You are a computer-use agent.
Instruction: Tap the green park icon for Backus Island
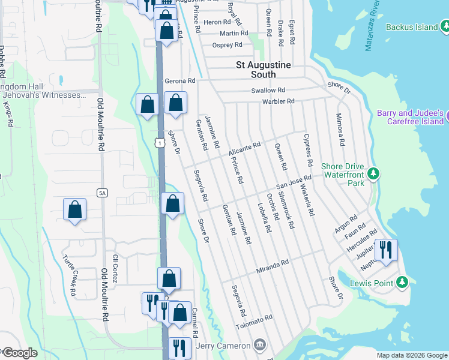(x=445, y=26)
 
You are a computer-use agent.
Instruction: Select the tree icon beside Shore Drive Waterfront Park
(x=373, y=173)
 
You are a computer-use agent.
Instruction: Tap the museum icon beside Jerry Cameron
(x=259, y=345)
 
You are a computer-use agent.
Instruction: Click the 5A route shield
(x=102, y=193)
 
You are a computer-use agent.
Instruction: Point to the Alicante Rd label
(x=244, y=149)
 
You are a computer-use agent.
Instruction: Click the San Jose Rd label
(x=294, y=182)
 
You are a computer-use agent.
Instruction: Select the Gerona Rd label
(x=180, y=80)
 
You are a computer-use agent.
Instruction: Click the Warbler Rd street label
(x=278, y=101)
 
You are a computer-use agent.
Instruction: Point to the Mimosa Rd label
(x=340, y=130)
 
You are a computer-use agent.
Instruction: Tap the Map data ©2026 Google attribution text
(x=411, y=355)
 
